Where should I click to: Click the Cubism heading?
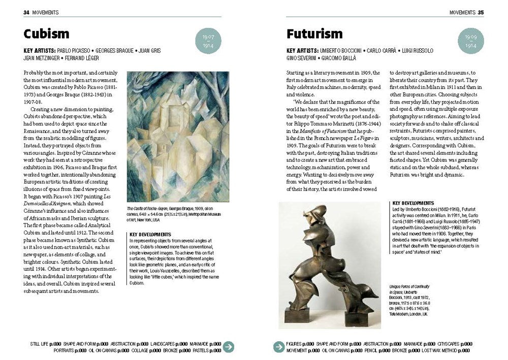pyautogui.click(x=46, y=35)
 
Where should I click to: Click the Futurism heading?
pyautogui.click(x=314, y=35)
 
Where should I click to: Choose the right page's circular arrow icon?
pyautogui.click(x=278, y=347)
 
